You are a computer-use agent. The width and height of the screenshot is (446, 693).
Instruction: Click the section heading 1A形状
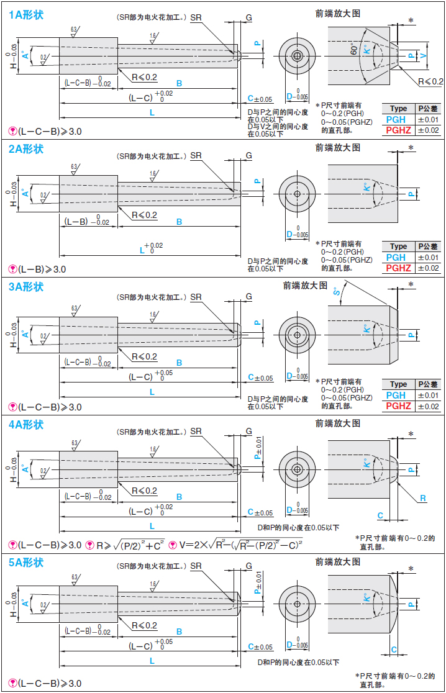(x=26, y=13)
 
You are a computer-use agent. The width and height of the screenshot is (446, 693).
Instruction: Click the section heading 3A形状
(x=26, y=286)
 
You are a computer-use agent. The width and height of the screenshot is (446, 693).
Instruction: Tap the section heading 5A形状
(x=26, y=563)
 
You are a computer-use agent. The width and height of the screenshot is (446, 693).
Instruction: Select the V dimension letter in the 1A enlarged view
(x=424, y=55)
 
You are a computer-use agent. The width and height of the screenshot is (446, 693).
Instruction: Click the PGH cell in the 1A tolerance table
(x=396, y=119)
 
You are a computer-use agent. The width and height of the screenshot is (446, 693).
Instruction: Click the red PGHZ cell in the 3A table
(x=398, y=406)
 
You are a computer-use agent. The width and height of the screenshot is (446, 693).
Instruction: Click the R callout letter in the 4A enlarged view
(x=423, y=498)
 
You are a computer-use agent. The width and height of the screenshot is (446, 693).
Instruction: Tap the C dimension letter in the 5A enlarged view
(x=394, y=650)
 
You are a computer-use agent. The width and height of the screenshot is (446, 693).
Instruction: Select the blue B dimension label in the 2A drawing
(x=179, y=222)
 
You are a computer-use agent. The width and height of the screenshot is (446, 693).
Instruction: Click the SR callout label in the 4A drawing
(x=196, y=431)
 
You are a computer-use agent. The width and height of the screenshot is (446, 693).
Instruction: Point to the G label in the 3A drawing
(x=248, y=297)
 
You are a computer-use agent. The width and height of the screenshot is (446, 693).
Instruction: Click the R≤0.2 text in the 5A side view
(x=144, y=625)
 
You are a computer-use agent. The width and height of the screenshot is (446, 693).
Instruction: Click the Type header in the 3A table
(x=398, y=384)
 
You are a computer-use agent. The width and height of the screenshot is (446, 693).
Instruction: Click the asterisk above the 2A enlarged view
(x=411, y=148)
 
